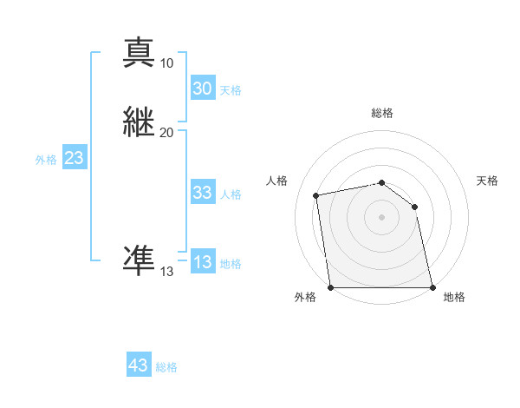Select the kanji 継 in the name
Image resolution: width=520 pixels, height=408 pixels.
pos(140,122)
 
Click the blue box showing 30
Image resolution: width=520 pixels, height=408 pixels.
pos(202,89)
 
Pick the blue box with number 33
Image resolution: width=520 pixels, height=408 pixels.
pos(202,193)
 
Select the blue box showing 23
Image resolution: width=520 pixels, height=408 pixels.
pos(74,159)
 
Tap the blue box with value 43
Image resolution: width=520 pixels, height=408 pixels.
pos(139,365)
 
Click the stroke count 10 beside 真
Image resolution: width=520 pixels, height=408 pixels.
pos(167,63)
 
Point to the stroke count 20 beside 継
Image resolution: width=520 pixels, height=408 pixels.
pos(167,132)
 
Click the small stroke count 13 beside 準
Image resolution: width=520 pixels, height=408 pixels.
pos(167,271)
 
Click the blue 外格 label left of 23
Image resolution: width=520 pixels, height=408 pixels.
pos(45,160)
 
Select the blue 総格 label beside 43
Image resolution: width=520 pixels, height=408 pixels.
pos(166,367)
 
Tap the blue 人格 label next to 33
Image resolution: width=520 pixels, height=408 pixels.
pos(231,194)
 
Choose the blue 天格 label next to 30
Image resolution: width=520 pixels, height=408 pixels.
pos(231,90)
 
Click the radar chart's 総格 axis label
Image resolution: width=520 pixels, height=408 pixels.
pos(382,113)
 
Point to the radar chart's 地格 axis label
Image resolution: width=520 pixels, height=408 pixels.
pos(454,297)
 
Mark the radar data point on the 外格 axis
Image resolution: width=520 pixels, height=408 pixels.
pos(330,286)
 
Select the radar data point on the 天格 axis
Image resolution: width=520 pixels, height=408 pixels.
pos(414,207)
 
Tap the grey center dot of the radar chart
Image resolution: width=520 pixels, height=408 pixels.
pos(381,217)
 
